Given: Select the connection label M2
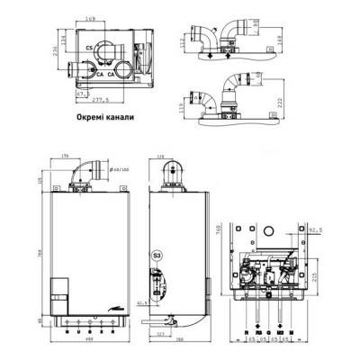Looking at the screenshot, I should pos(281,331).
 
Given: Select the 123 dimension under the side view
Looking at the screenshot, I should pos(157,334).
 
